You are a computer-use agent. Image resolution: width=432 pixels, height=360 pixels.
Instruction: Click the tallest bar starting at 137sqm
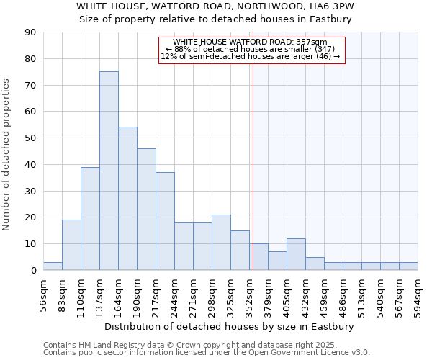point(109,171)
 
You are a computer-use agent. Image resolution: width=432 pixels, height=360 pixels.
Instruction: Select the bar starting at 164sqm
point(127,199)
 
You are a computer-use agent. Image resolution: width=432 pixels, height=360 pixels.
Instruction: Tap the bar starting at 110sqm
point(90,218)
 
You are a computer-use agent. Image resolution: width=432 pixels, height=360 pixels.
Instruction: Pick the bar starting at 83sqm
point(71,245)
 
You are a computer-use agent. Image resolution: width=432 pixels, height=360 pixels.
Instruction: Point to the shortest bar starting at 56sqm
point(53,266)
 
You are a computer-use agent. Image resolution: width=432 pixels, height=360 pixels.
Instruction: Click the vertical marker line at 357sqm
point(253,166)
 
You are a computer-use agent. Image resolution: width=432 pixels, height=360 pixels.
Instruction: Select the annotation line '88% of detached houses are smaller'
point(250,49)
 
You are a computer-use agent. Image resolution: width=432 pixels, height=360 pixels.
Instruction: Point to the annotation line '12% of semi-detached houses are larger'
point(250,56)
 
